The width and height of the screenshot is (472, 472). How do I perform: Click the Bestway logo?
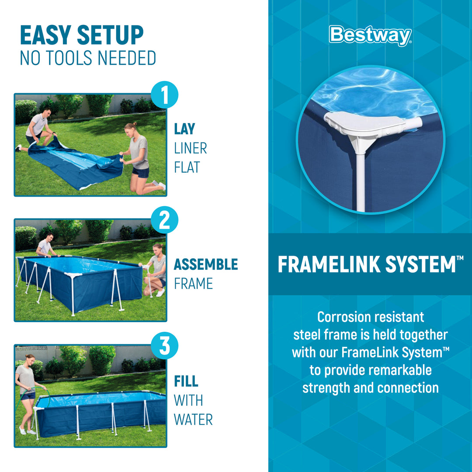click(x=370, y=36)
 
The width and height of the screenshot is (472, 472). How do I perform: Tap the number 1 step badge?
click(x=164, y=95)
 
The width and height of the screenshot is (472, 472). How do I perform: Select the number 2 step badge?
click(x=164, y=220)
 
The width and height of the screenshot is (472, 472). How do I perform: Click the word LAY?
click(x=184, y=129)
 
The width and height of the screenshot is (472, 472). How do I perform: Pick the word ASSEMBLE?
click(x=206, y=264)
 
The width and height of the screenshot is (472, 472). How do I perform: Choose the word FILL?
click(x=186, y=381)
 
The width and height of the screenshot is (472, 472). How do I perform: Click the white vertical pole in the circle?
click(x=360, y=179)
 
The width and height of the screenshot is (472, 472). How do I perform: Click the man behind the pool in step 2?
click(x=45, y=247)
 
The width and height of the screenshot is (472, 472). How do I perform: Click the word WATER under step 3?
click(x=193, y=420)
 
